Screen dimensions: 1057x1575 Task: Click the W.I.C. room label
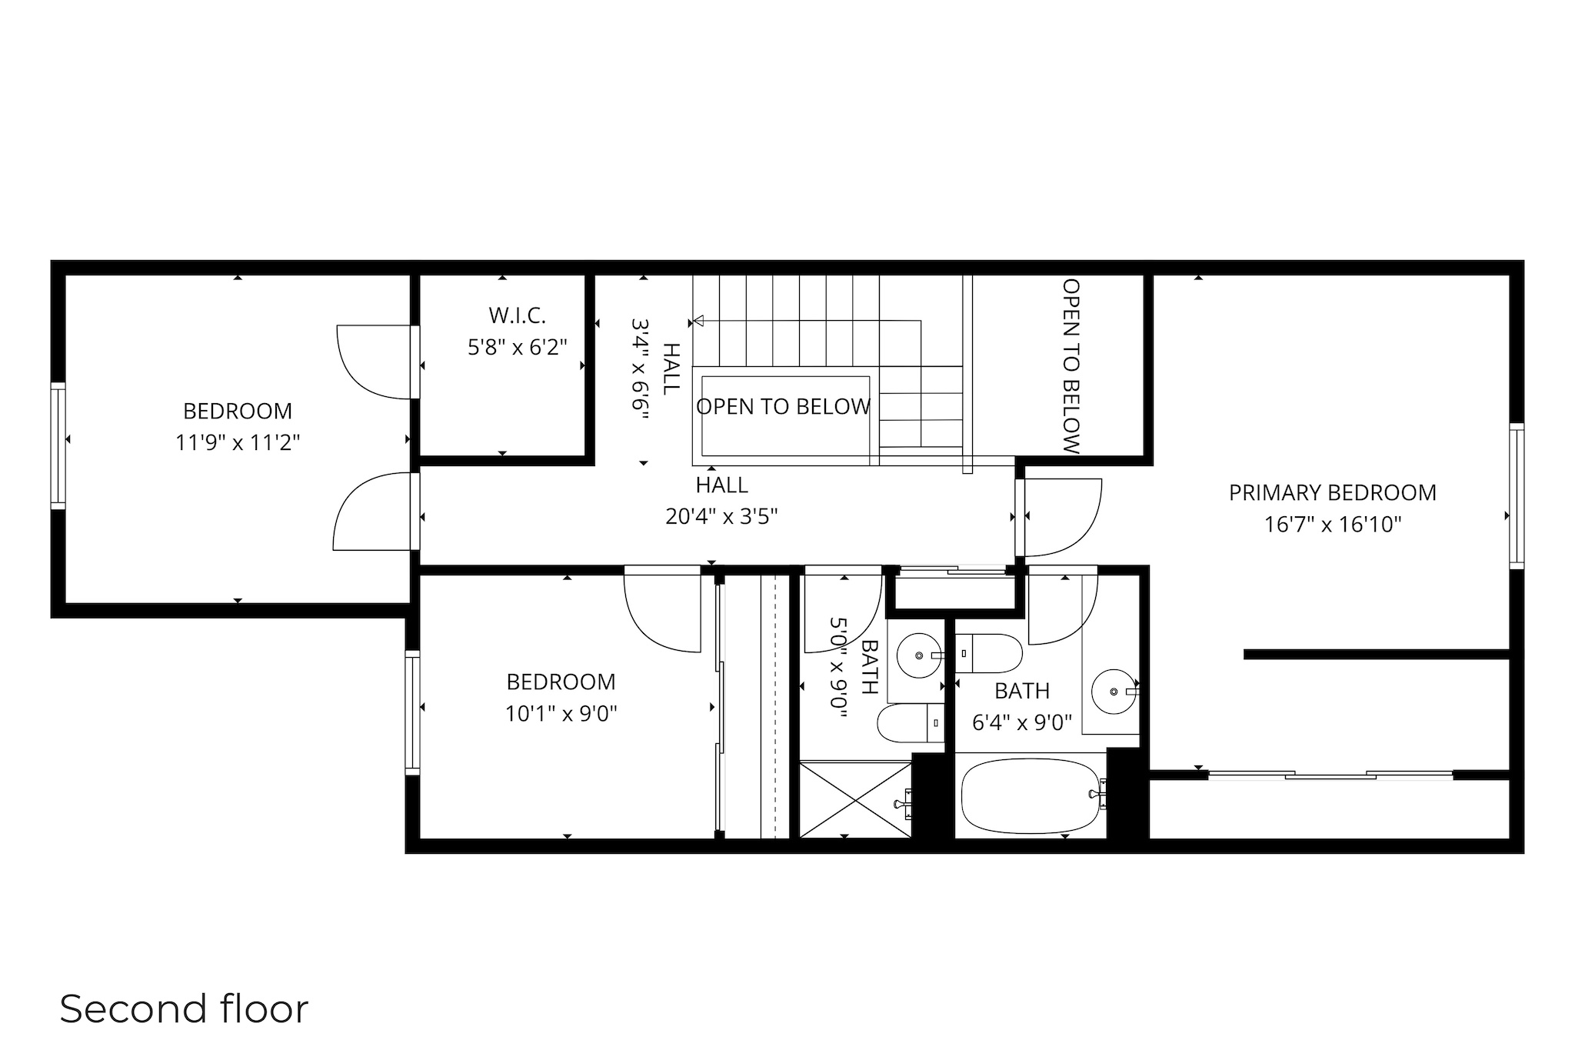[517, 315]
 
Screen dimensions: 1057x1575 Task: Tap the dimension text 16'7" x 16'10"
[1333, 525]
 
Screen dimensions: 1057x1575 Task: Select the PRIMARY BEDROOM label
[1332, 492]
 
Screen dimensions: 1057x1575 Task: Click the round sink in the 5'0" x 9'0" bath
[919, 655]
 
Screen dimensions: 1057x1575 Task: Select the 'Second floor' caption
[184, 1009]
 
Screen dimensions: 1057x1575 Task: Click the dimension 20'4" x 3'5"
[721, 516]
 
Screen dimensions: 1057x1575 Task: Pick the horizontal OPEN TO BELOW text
[783, 406]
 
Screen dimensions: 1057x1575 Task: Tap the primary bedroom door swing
[1065, 517]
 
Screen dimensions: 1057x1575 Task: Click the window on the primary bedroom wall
[1516, 496]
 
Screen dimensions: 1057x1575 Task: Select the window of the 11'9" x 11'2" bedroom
[58, 445]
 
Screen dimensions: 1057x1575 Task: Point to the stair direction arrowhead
[698, 321]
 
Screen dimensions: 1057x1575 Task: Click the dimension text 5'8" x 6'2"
[517, 348]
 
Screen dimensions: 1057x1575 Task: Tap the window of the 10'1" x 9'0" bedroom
[413, 712]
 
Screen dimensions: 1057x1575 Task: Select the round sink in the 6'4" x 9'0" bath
[1114, 691]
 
